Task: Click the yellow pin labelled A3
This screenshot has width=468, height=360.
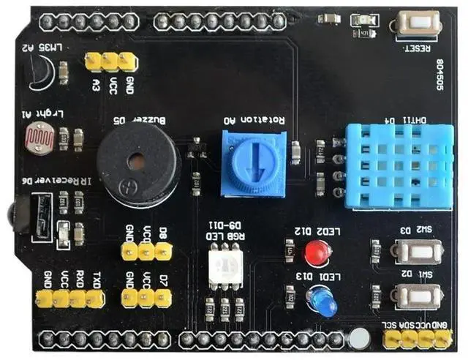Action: click(x=94, y=61)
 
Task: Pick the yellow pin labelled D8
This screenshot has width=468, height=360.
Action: click(x=163, y=252)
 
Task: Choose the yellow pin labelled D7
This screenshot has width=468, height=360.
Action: click(x=163, y=297)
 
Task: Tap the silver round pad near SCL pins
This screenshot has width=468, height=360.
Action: click(x=358, y=339)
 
